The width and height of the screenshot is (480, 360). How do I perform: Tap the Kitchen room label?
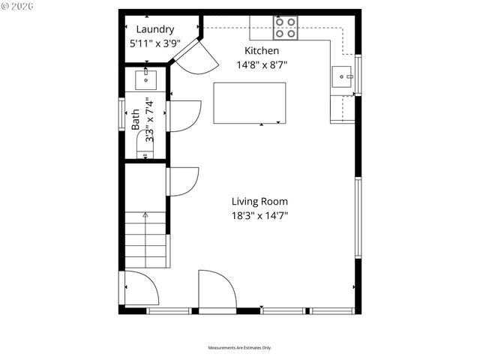262,50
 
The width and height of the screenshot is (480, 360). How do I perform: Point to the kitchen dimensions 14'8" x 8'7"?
262,64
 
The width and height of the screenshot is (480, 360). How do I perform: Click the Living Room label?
259,201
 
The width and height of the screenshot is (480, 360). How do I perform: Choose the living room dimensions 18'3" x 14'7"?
259,216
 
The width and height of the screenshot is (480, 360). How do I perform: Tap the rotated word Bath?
136,121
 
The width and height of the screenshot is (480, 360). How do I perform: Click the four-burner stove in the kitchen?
285,28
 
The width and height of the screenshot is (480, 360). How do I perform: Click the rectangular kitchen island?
250,103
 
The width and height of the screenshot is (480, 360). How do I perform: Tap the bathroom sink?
145,78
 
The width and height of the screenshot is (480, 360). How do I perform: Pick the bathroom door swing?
184,116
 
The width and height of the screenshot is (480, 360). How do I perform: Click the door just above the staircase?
181,181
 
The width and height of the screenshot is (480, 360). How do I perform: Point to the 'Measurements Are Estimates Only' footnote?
240,347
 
